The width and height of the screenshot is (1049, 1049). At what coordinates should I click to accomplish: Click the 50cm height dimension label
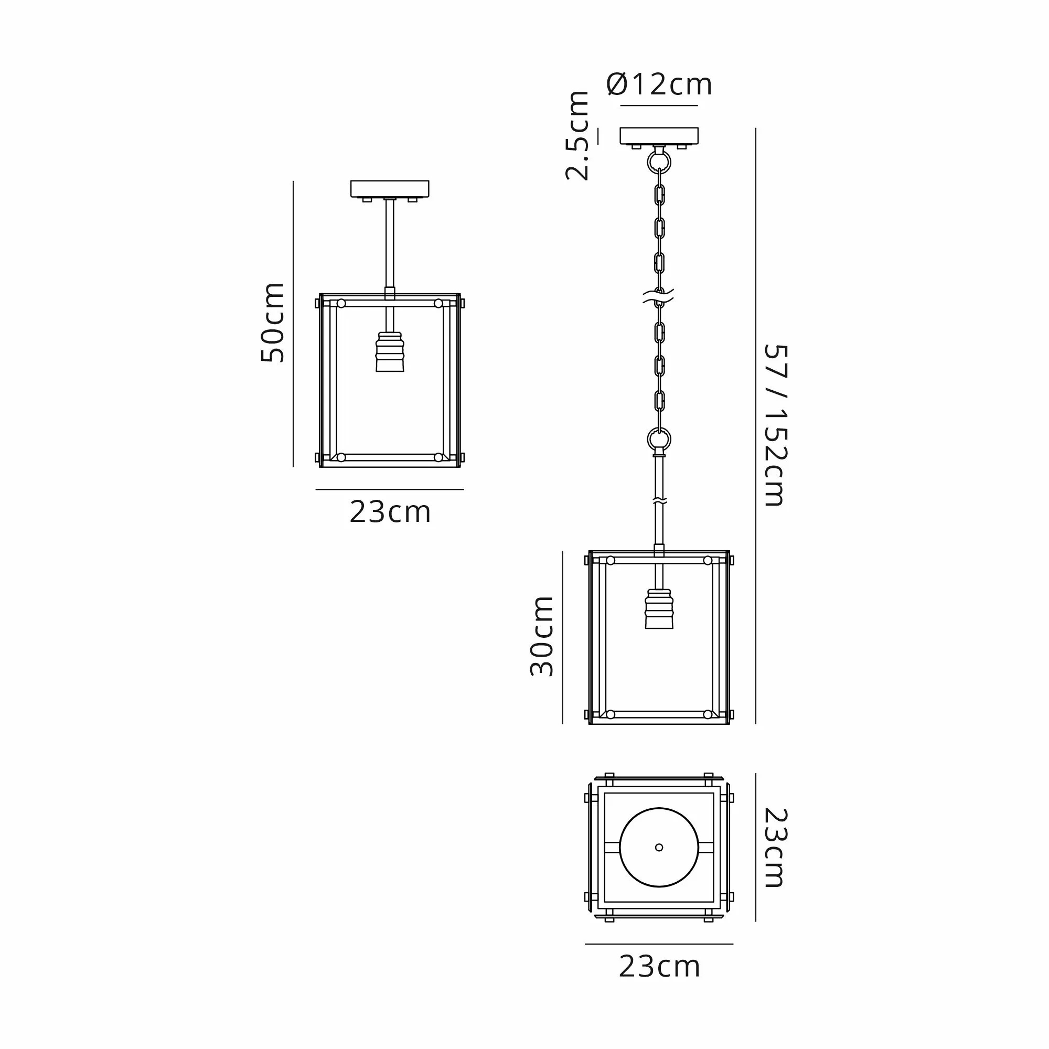click(x=273, y=323)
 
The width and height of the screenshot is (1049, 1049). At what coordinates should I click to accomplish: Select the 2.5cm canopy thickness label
click(x=577, y=136)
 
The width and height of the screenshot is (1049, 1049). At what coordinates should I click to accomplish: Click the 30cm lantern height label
click(x=541, y=636)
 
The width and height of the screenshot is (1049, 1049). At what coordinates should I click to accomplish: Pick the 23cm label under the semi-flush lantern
click(x=390, y=512)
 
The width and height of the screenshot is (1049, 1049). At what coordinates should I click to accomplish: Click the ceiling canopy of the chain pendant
click(x=659, y=136)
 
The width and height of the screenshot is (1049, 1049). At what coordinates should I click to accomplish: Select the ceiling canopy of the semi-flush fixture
click(x=390, y=189)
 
